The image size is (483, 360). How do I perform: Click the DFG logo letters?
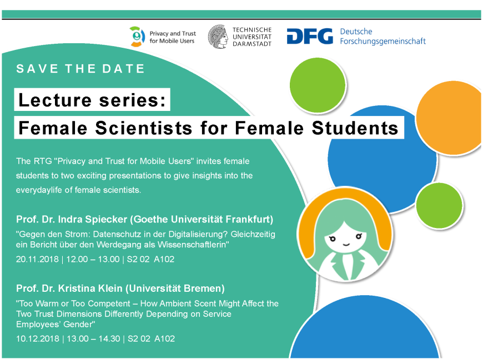coord(310,36)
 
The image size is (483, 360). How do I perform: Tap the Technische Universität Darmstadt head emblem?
coord(218,37)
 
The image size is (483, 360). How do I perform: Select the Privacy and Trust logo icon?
coord(137,37)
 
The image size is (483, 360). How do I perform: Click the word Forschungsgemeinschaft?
coord(383,42)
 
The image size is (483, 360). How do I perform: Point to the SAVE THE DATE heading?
coord(80,69)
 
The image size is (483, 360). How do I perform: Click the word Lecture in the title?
coord(55,100)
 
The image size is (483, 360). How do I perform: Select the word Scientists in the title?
coord(144,128)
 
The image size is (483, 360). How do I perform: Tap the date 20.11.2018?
coord(37,260)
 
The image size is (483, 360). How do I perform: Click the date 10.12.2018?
coord(38,339)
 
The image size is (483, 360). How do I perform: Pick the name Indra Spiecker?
coord(92,220)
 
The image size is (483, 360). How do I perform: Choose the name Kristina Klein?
coord(90,288)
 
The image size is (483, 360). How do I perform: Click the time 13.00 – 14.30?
coord(93,339)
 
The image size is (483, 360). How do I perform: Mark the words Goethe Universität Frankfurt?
coord(202,220)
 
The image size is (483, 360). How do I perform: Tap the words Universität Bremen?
coord(175,288)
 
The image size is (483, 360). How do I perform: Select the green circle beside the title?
coord(318,85)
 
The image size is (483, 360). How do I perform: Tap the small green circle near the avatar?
coord(439,206)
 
